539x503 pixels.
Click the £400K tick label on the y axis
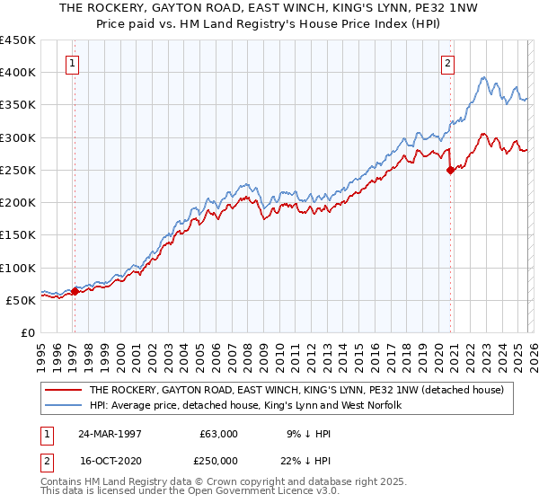[18, 72]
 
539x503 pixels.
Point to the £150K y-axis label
[18, 234]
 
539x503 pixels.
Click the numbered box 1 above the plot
[72, 64]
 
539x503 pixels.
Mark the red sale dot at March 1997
[75, 291]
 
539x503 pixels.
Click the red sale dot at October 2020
[450, 170]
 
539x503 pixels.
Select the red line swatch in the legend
[64, 390]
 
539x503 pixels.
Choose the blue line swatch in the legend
[64, 405]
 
